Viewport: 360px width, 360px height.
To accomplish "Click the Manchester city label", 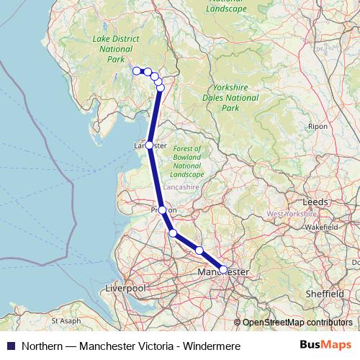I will click(223, 273).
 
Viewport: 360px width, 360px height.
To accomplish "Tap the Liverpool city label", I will click(125, 288).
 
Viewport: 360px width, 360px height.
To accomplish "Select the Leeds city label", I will click(315, 202).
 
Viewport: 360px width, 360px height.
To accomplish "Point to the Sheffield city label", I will click(324, 294).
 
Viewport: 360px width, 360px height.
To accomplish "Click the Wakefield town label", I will click(321, 227).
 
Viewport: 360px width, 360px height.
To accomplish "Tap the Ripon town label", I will click(317, 126).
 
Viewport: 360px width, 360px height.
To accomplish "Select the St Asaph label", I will click(66, 320).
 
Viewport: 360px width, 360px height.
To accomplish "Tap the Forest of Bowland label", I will click(187, 161).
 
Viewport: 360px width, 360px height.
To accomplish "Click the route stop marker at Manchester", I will click(223, 269).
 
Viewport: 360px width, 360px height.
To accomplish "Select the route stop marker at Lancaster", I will click(149, 145).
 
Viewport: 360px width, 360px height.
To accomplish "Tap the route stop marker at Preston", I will click(162, 210).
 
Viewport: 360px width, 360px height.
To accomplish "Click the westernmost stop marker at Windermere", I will click(136, 71).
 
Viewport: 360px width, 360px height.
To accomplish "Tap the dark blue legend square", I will click(10, 346).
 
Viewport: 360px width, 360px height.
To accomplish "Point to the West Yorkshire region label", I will click(292, 215).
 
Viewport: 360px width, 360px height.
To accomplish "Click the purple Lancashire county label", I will click(180, 187).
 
